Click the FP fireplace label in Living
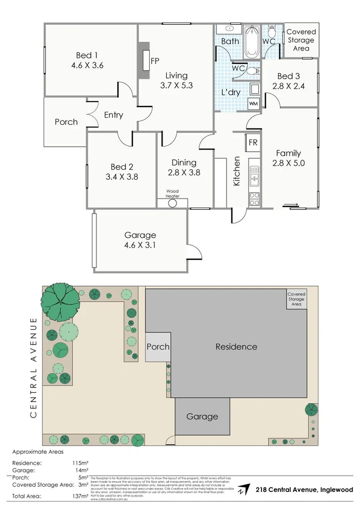(x=155, y=60)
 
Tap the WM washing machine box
(x=253, y=103)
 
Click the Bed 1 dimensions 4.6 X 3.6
(x=87, y=66)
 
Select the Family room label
(x=288, y=153)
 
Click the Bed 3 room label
(x=289, y=76)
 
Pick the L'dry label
(x=231, y=93)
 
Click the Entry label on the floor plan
(x=114, y=115)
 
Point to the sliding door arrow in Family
(x=289, y=204)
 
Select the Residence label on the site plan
(x=236, y=347)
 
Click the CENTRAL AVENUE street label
(x=33, y=367)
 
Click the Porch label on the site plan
(x=158, y=347)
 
